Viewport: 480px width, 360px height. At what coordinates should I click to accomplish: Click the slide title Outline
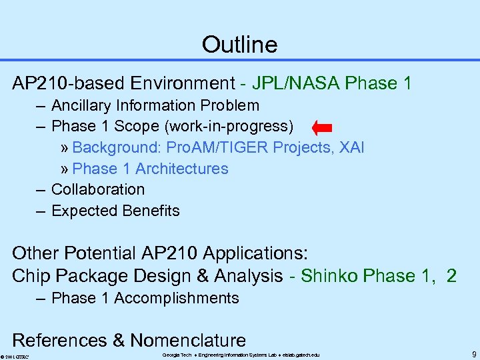pyautogui.click(x=239, y=45)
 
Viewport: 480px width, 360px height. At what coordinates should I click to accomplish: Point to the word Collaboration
pyautogui.click(x=98, y=189)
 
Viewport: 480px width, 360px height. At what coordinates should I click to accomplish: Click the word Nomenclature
pyautogui.click(x=188, y=340)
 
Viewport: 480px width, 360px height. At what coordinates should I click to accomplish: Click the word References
pyautogui.click(x=59, y=340)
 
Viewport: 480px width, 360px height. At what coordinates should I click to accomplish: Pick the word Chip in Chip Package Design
pyautogui.click(x=28, y=275)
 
